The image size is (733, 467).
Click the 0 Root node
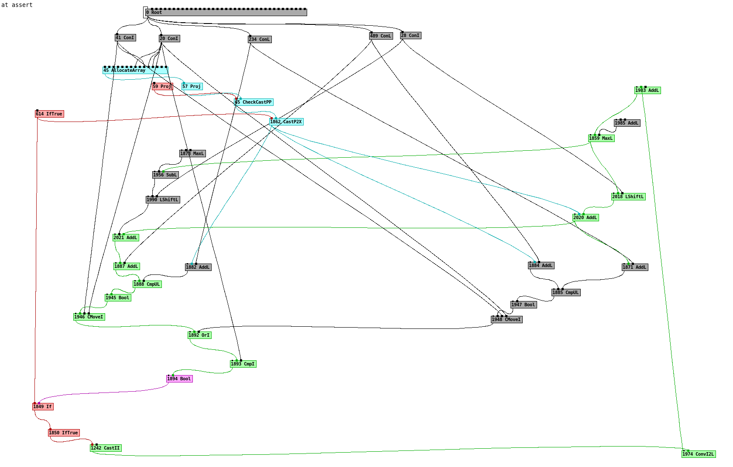click(x=226, y=13)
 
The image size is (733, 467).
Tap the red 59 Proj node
click(x=162, y=86)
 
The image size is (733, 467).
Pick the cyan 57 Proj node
click(x=192, y=86)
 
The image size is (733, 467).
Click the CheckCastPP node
click(x=253, y=102)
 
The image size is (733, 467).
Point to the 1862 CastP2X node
click(x=286, y=122)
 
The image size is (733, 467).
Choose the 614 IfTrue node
click(x=49, y=114)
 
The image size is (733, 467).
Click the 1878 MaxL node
click(x=192, y=153)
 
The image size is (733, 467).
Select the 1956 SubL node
click(x=165, y=175)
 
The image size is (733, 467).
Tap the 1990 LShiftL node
click(x=163, y=200)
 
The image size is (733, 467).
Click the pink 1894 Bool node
click(x=179, y=379)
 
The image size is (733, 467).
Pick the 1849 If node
click(x=43, y=406)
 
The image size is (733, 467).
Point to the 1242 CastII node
click(x=106, y=448)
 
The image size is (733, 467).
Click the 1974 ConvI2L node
click(x=699, y=454)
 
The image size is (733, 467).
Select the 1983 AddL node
click(x=647, y=90)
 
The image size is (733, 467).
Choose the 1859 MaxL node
click(x=601, y=138)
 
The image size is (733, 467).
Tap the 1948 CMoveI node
click(x=507, y=319)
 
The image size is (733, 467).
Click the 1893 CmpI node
click(x=243, y=364)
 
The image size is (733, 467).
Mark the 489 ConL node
click(x=381, y=36)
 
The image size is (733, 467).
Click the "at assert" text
click(x=17, y=5)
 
